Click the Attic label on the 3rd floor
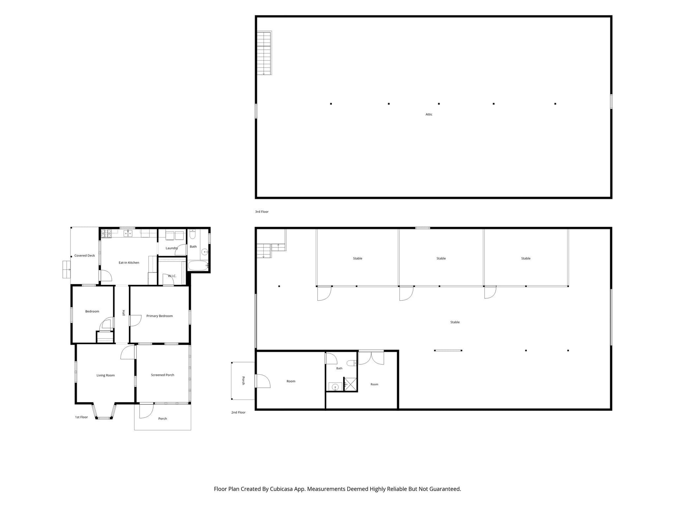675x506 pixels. (429, 114)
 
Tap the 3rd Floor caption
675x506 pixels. (262, 212)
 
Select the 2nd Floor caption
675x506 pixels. (238, 412)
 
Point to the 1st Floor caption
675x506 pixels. (81, 417)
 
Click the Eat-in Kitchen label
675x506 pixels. (129, 262)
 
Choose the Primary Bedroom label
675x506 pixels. (159, 316)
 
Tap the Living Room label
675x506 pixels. (105, 375)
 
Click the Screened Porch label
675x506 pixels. (162, 375)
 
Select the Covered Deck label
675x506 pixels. (84, 255)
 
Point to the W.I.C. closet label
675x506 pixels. (172, 276)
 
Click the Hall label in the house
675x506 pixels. (123, 313)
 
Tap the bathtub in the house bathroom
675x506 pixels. (198, 266)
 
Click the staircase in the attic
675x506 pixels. (264, 53)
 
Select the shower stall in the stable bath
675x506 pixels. (350, 384)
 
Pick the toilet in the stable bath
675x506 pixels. (351, 363)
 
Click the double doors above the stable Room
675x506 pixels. (371, 358)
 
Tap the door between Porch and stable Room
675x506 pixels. (263, 381)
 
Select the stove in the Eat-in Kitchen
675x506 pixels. (106, 234)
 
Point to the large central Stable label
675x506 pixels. (455, 322)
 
